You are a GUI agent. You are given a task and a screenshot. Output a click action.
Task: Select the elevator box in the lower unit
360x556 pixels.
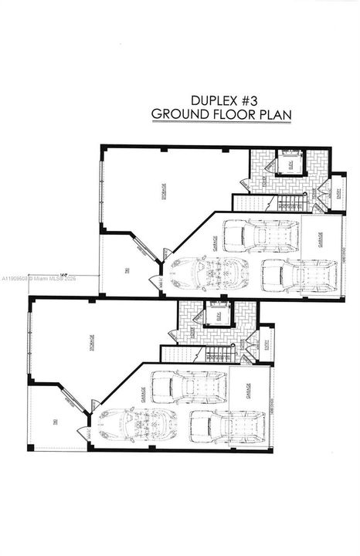coord(217,316)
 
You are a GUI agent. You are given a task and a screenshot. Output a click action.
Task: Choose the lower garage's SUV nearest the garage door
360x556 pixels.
coord(228,425)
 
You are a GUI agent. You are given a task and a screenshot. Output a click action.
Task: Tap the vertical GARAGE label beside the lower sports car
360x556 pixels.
coord(144,393)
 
